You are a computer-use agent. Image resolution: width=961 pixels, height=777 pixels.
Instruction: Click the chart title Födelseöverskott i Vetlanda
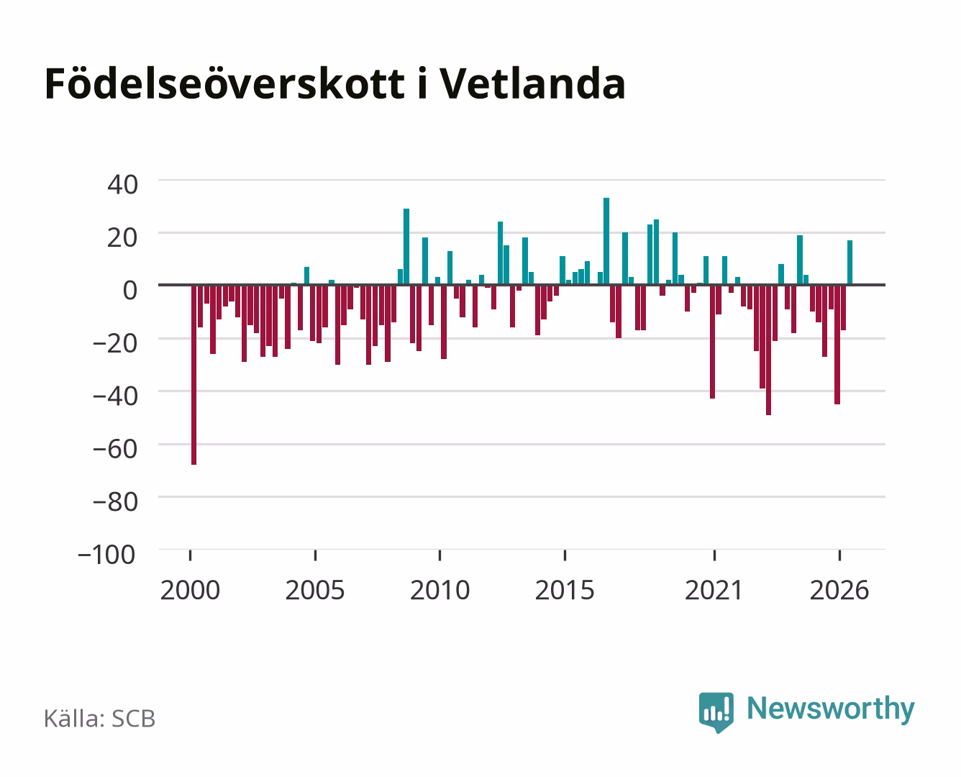334,83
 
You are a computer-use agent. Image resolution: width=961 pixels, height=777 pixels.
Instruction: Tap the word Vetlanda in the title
532,83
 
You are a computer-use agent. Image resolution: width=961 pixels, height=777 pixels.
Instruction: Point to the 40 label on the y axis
122,185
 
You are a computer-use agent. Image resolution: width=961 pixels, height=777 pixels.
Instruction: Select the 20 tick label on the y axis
122,237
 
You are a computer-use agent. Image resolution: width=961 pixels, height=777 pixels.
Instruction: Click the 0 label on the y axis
130,290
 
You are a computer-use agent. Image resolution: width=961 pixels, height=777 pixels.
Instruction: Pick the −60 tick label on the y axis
115,449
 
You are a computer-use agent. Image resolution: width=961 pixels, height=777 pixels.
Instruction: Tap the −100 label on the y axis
106,555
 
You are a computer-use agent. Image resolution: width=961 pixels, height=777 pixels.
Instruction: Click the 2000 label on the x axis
190,590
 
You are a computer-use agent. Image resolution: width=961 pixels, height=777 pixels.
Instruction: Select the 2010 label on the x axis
440,590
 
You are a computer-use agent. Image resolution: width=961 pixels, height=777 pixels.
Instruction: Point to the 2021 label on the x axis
714,590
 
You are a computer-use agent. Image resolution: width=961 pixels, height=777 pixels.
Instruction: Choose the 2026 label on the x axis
839,590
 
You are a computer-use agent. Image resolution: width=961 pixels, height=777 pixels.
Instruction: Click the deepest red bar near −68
194,375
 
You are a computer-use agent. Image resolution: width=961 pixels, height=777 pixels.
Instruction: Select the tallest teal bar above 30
606,242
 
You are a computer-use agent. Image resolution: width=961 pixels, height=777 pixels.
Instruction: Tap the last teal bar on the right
850,263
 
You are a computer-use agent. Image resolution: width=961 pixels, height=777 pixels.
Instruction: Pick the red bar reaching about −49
769,350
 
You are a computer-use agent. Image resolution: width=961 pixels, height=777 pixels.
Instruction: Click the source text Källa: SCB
100,719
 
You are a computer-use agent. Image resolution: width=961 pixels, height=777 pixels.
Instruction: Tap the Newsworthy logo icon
716,712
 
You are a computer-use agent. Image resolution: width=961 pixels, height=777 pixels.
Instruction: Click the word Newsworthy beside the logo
831,709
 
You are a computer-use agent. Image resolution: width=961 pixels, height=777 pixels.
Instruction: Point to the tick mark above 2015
565,555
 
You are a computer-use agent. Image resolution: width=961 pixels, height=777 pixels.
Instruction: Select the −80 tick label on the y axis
115,501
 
